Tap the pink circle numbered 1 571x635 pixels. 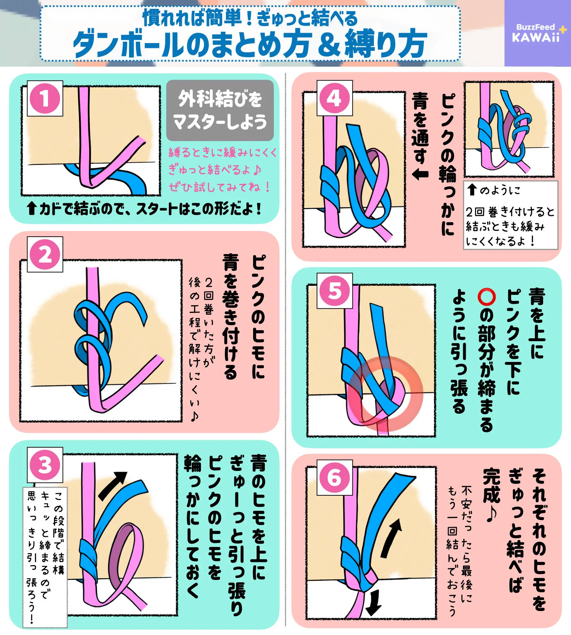pyautogui.click(x=45, y=98)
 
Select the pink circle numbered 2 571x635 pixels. pyautogui.click(x=45, y=254)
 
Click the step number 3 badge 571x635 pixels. pyautogui.click(x=45, y=465)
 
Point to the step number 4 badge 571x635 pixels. pyautogui.click(x=334, y=98)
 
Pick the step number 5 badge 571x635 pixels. pyautogui.click(x=335, y=291)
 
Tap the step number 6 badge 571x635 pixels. pyautogui.click(x=335, y=477)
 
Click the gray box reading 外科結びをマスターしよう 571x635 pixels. pyautogui.click(x=220, y=110)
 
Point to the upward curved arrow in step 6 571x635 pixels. pyautogui.click(x=391, y=538)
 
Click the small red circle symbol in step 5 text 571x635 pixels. pyautogui.click(x=487, y=297)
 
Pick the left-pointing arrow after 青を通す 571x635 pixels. pyautogui.click(x=420, y=174)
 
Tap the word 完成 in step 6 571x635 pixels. pyautogui.click(x=491, y=485)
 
